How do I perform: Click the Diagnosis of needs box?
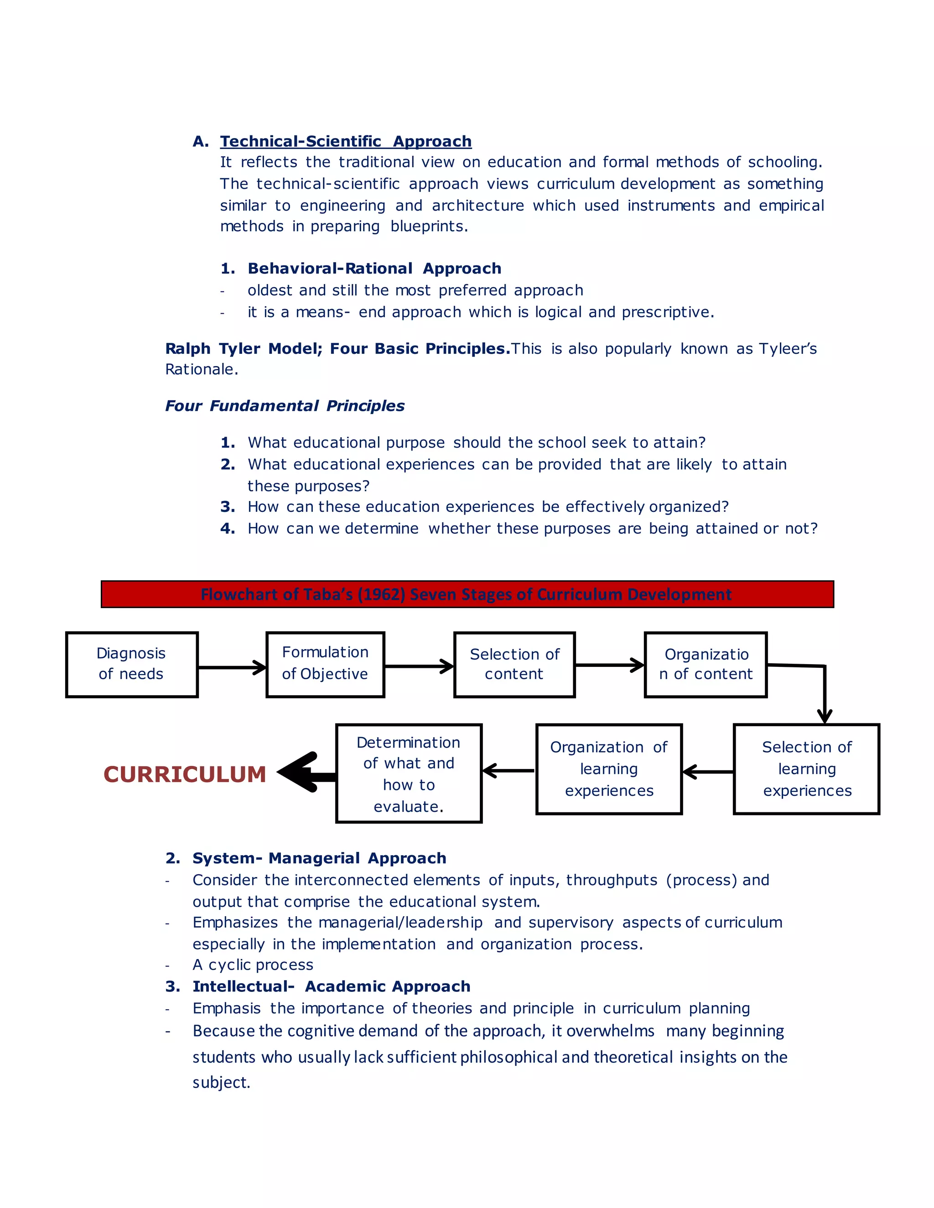click(x=132, y=664)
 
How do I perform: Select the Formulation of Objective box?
click(x=325, y=664)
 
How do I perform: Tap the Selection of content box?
click(x=514, y=664)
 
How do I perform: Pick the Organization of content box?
click(x=706, y=664)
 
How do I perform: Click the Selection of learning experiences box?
click(x=806, y=769)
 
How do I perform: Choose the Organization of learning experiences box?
click(x=609, y=769)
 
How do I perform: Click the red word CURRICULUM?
click(x=185, y=774)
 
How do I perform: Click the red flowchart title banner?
click(x=467, y=594)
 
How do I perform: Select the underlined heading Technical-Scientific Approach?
click(x=346, y=142)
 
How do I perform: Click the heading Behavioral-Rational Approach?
click(x=374, y=269)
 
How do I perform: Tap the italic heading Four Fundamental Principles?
click(x=285, y=406)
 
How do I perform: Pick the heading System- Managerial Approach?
click(x=319, y=858)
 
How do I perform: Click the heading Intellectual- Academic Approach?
click(x=331, y=987)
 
